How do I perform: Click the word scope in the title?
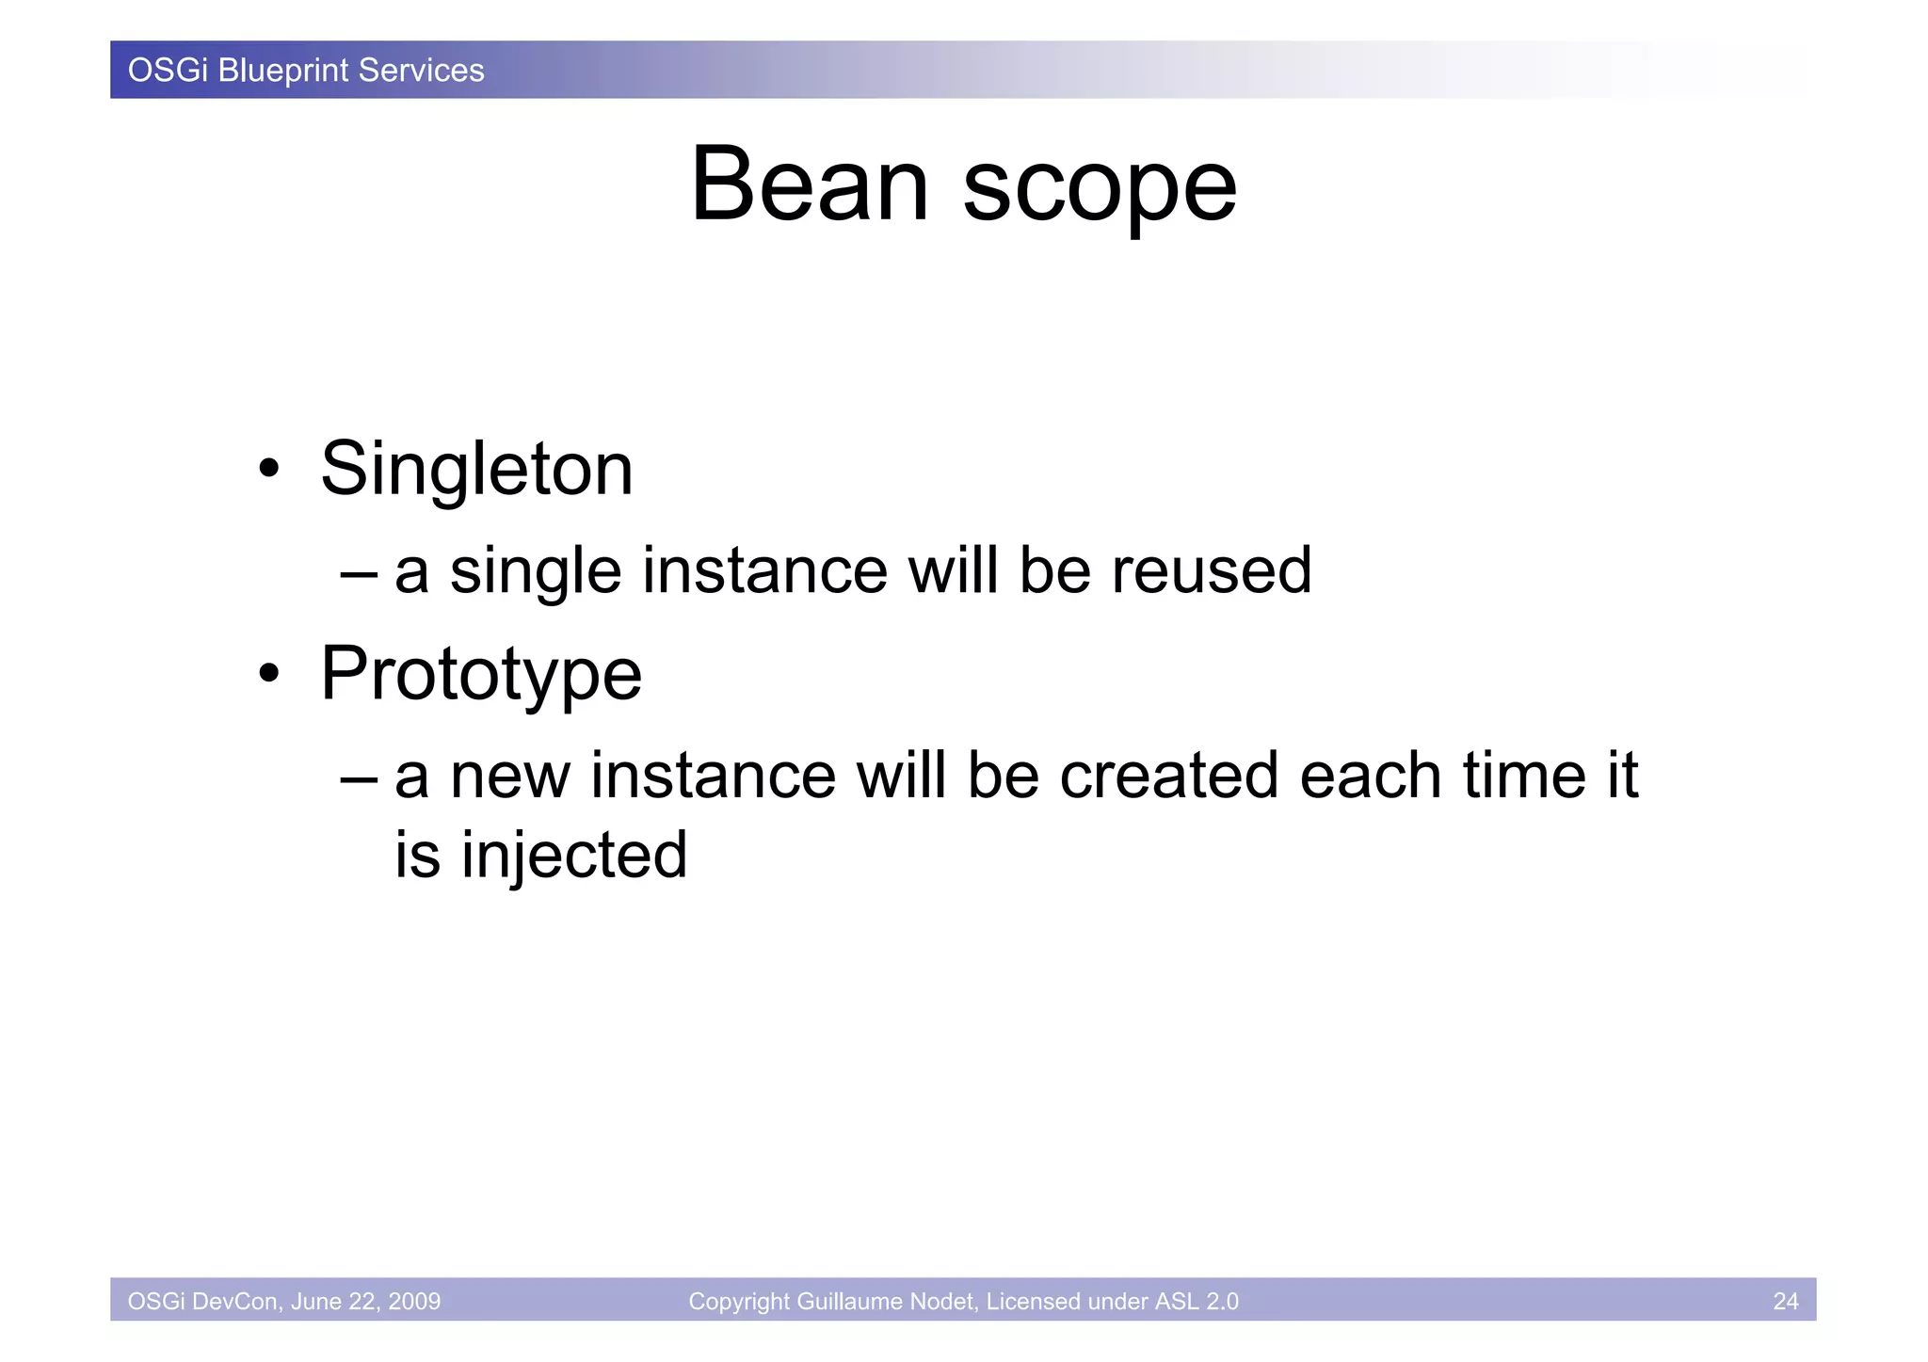pyautogui.click(x=1099, y=191)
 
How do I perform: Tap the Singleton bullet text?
pyautogui.click(x=476, y=470)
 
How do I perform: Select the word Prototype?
pyautogui.click(x=481, y=675)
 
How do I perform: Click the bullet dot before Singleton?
pyautogui.click(x=269, y=469)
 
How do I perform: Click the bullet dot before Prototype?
pyautogui.click(x=269, y=674)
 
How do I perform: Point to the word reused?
pyautogui.click(x=1211, y=571)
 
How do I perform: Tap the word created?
pyautogui.click(x=1168, y=777)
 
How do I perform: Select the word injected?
pyautogui.click(x=574, y=857)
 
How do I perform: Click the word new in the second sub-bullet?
pyautogui.click(x=510, y=777)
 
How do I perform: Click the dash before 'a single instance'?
pyautogui.click(x=359, y=572)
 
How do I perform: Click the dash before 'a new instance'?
pyautogui.click(x=359, y=777)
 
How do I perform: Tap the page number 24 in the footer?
pyautogui.click(x=1785, y=1301)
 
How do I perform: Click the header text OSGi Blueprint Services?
pyautogui.click(x=306, y=71)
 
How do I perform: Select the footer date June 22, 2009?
pyautogui.click(x=365, y=1301)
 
